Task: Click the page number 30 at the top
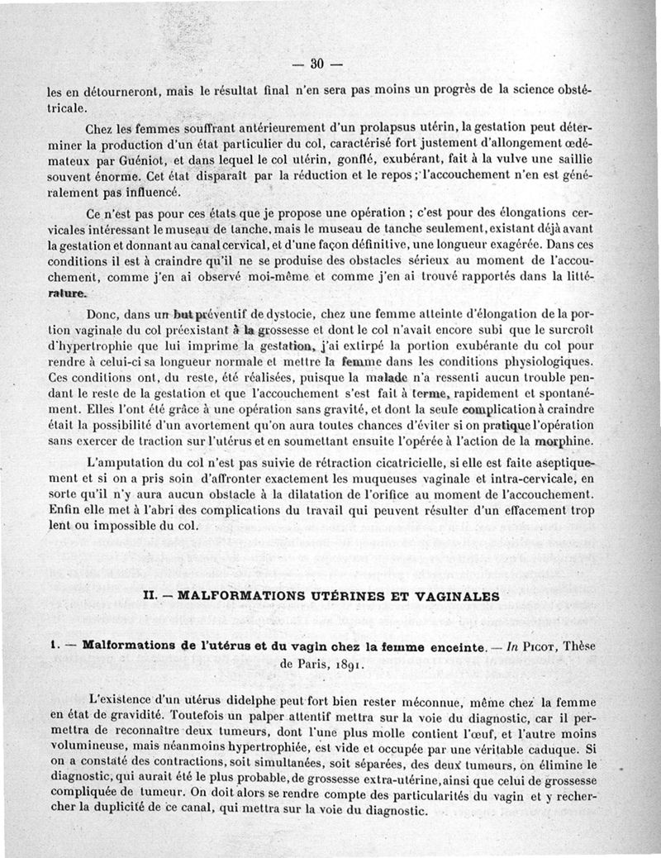click(x=317, y=64)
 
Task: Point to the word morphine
click(x=564, y=440)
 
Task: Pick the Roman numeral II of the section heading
click(x=150, y=594)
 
